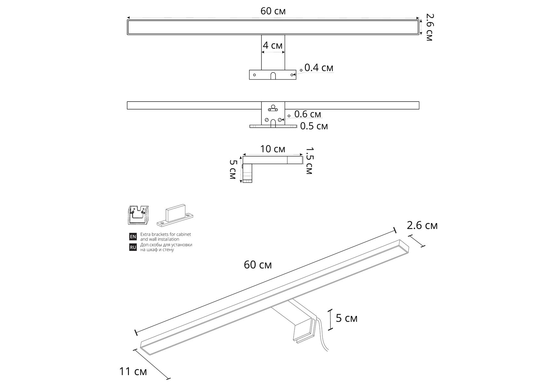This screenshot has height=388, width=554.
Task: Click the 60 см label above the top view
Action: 273,11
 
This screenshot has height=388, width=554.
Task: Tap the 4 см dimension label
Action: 273,45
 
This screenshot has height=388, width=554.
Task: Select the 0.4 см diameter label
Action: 319,68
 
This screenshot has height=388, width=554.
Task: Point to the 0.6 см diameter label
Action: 308,114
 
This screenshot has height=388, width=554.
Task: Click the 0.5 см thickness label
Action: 314,126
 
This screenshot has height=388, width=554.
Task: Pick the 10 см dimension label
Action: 273,149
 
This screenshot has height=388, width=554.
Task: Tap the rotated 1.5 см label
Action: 309,161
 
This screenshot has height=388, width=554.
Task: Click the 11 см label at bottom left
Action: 133,372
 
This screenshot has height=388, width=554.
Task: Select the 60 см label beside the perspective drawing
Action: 258,265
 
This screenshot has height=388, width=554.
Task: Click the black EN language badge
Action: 133,237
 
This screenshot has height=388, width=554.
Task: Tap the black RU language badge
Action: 133,247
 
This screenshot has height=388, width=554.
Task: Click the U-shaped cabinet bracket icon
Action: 138,215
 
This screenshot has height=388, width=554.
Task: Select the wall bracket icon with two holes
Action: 175,215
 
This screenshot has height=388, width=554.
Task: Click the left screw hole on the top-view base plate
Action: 255,75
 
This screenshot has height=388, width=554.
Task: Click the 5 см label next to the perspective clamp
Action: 347,318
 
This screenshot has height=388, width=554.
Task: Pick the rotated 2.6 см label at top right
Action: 429,27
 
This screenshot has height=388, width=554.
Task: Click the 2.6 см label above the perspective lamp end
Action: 422,225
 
